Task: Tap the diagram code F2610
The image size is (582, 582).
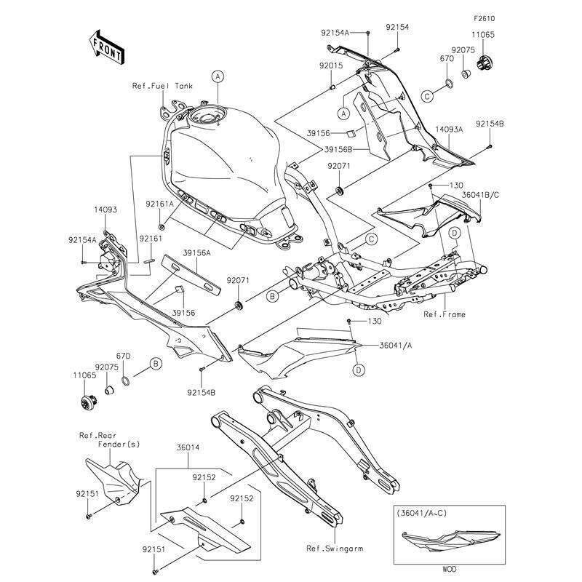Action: [x=484, y=19]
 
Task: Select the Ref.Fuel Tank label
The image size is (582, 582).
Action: [x=162, y=86]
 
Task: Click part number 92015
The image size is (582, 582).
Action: [x=331, y=65]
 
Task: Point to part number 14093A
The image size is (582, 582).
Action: [x=449, y=129]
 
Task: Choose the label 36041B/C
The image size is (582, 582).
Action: [x=481, y=195]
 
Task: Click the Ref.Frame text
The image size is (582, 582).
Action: [x=445, y=314]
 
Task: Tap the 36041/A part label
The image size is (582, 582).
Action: [x=395, y=345]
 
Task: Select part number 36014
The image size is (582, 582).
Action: [x=188, y=447]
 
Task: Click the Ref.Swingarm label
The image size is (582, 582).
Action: [x=335, y=549]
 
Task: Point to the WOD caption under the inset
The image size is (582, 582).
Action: [x=449, y=569]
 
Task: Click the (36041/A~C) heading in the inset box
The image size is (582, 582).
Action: [x=422, y=514]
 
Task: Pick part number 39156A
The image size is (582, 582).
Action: [x=196, y=253]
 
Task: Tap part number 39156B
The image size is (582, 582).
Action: [x=338, y=150]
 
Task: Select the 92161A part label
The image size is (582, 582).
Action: [x=159, y=204]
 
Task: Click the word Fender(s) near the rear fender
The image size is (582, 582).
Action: [x=119, y=444]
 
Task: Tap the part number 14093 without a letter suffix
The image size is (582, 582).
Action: [x=105, y=210]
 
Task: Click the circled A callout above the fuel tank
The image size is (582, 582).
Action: [x=218, y=76]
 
